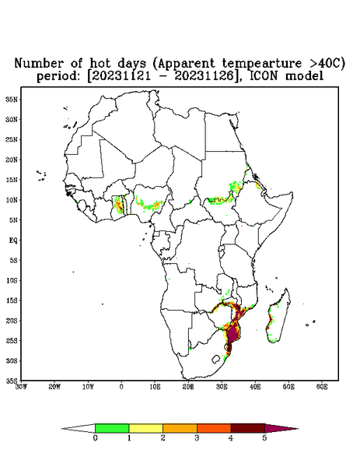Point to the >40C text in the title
pos(323,63)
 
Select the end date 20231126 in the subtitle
pos(204,76)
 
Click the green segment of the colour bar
pos(112,428)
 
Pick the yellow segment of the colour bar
pos(145,428)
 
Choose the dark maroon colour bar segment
pos(248,428)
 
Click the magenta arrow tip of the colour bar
pos(281,428)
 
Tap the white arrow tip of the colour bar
pos(79,428)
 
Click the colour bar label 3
pos(197,438)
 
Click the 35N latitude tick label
pos(12,99)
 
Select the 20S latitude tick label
pos(12,321)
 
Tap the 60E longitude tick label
pos(322,387)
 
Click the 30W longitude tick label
pos(21,387)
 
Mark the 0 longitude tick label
pos(121,387)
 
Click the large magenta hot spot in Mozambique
pos(232,333)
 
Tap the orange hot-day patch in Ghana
pos(118,204)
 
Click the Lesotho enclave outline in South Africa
pos(216,359)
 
